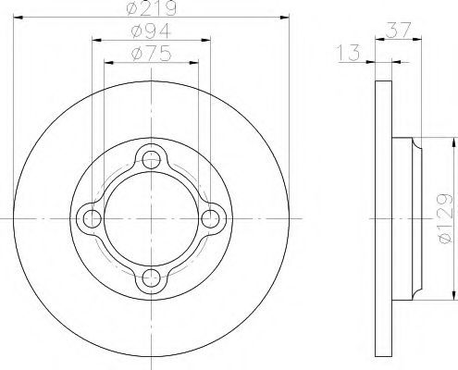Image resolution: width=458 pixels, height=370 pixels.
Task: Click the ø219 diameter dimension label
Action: coord(152,8)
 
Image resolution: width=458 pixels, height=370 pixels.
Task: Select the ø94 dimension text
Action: coord(151,31)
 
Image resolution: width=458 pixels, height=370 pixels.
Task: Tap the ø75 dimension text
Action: coord(151,54)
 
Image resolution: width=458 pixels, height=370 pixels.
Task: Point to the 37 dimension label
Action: coord(398,30)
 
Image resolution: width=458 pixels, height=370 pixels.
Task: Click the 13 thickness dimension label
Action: coord(349,53)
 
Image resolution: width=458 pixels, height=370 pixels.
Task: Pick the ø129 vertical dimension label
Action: coord(445,218)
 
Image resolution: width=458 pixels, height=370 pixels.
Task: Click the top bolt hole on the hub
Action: coord(151,160)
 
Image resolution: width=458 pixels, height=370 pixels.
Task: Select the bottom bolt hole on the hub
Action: coord(151,277)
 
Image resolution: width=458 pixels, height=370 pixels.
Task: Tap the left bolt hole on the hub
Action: coord(93,218)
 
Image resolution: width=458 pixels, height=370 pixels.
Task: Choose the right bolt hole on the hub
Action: coord(210,218)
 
